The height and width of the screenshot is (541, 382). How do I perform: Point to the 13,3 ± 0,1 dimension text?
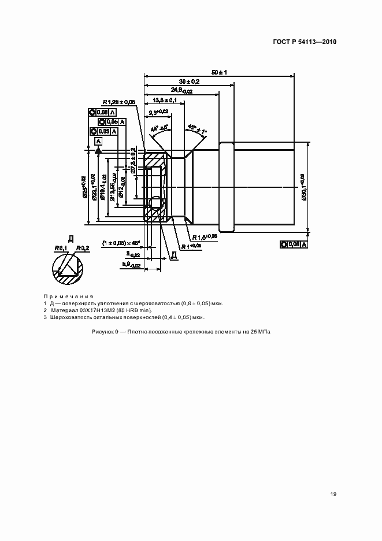166,100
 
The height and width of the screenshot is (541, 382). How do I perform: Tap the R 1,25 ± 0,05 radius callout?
119,102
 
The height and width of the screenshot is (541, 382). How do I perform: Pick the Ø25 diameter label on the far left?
84,187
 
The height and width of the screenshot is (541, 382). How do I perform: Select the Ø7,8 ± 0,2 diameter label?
133,161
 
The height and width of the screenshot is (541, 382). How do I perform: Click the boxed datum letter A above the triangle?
99,140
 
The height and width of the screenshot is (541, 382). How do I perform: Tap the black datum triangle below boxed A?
99,150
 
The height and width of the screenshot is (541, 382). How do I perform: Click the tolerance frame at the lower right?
294,244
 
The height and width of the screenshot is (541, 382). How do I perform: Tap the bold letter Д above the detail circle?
71,238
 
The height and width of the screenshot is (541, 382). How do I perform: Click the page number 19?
333,494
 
